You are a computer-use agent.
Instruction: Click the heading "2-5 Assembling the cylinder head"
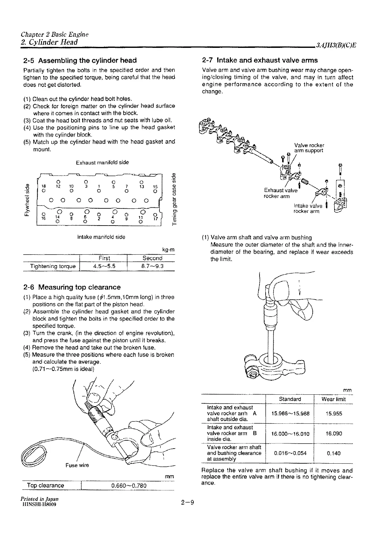[80, 60]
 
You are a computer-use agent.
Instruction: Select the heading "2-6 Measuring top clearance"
[72, 287]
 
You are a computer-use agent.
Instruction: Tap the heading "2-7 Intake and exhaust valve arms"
[260, 60]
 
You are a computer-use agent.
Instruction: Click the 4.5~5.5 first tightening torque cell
[104, 266]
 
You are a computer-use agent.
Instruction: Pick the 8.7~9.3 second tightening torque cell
[152, 266]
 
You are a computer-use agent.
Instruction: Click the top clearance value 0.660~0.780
[129, 486]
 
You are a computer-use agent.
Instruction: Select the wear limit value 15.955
[334, 414]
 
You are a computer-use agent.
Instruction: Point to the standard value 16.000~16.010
[290, 434]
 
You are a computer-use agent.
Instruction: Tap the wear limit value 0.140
[334, 453]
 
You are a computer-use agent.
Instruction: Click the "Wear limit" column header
[334, 399]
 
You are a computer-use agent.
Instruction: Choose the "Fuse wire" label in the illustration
[77, 465]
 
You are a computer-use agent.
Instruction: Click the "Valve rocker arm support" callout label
[309, 148]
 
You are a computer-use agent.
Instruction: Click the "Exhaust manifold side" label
[102, 162]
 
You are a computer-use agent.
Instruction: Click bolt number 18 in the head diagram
[44, 186]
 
